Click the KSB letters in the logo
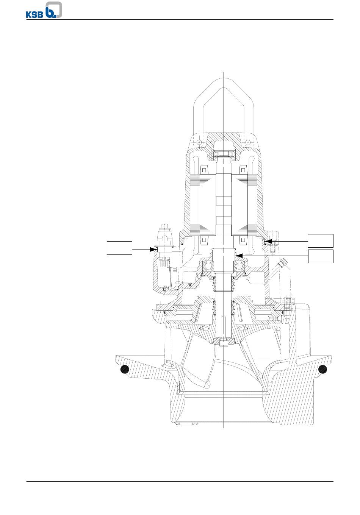coord(34,14)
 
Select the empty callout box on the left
coord(119,248)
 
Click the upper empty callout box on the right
coord(321,241)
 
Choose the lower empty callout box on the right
coord(321,256)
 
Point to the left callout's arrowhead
coord(153,250)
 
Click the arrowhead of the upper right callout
coord(268,242)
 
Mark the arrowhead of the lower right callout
coord(239,256)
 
